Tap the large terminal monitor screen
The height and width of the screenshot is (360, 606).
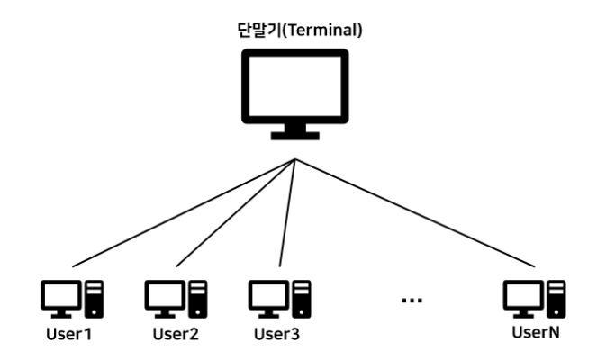[296, 88]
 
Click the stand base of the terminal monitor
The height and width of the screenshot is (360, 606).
[296, 137]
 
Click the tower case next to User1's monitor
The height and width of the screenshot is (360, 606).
[94, 299]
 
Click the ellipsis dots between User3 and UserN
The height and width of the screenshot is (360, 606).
[411, 300]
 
